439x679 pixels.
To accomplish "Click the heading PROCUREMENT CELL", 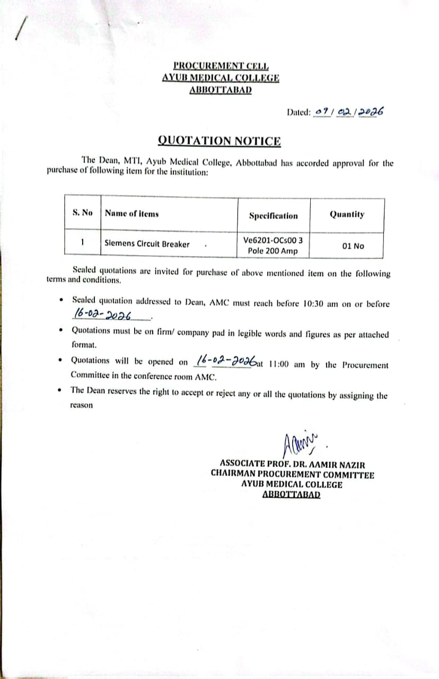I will (222, 66).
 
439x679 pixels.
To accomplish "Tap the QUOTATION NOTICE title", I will (219, 141).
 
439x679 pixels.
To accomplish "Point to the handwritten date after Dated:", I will (349, 112).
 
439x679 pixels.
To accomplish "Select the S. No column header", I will (82, 213).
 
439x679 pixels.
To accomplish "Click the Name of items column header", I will (132, 214).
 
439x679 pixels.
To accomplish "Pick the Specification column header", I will (274, 216).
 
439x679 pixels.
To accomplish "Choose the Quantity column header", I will (347, 214).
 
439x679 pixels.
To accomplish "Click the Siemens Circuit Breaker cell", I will (147, 244).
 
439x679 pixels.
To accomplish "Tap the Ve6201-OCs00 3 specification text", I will (273, 240).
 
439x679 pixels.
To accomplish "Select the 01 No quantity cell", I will (353, 246).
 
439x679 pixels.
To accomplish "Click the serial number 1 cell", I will (83, 243).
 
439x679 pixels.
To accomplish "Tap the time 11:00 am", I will (288, 365).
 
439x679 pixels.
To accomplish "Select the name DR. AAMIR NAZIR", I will (329, 465).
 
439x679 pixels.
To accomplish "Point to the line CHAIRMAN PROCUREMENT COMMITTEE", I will (292, 474).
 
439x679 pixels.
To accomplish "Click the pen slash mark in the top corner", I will (20, 28).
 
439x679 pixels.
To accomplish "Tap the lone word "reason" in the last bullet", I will (81, 405).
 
